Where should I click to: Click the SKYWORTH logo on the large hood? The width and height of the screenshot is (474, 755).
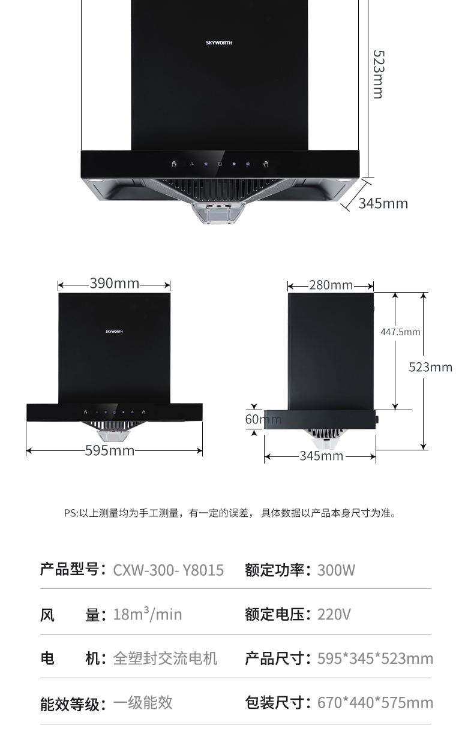tap(219, 43)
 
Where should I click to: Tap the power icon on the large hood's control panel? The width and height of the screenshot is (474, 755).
tap(220, 164)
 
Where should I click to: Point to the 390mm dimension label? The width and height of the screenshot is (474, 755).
tap(114, 283)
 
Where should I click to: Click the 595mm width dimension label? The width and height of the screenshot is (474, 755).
tap(110, 450)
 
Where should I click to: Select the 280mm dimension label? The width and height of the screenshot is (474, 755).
tap(331, 285)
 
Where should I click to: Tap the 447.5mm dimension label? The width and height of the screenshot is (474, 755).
tap(400, 332)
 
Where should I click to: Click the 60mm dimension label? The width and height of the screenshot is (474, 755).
tap(262, 419)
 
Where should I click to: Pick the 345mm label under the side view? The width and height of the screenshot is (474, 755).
tap(321, 456)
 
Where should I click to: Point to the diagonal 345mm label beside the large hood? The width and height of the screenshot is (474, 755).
tap(383, 203)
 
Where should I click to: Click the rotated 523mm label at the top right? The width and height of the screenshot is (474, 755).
tap(378, 74)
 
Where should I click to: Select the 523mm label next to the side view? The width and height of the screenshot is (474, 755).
tap(430, 366)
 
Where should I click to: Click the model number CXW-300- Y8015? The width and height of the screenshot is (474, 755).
tap(168, 570)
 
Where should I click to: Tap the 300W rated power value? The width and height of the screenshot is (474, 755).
tap(336, 570)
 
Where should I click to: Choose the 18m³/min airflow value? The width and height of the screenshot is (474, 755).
tap(147, 614)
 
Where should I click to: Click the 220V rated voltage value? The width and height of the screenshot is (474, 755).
tap(334, 614)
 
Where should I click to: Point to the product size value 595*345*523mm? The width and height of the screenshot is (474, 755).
tap(375, 658)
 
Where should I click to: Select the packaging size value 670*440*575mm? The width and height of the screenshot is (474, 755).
tap(375, 702)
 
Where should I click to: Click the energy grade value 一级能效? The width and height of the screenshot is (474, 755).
tap(143, 702)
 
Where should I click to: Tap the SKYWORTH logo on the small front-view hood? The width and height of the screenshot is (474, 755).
tap(114, 331)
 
